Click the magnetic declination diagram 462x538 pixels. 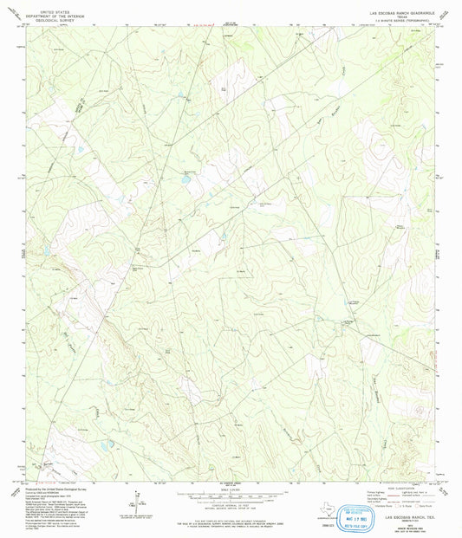tap(131, 498)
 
